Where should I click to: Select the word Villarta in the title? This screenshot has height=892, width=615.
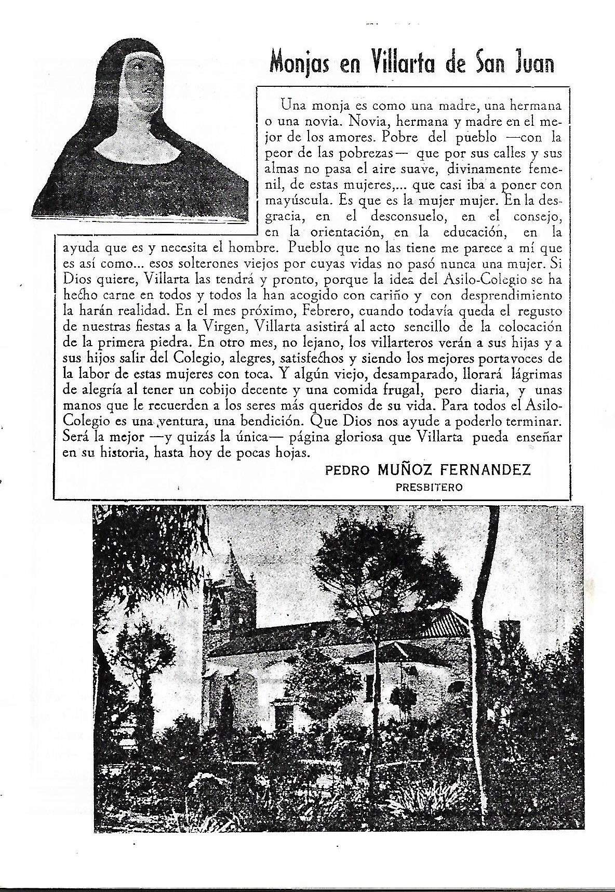point(400,63)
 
